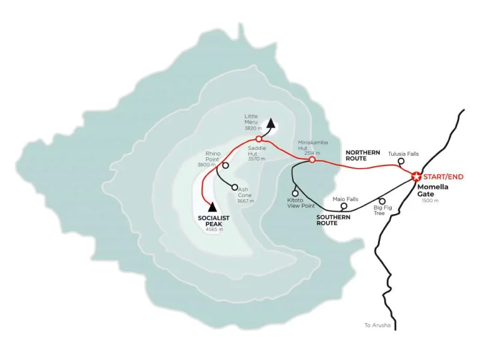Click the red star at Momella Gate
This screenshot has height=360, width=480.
tap(416, 176)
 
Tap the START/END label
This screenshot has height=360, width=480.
tap(443, 176)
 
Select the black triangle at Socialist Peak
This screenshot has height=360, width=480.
tap(212, 206)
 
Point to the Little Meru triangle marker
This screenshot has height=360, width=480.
tap(271, 124)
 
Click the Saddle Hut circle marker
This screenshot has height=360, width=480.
tap(259, 139)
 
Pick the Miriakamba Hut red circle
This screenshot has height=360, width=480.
tap(312, 160)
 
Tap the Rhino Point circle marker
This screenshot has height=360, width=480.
tap(226, 165)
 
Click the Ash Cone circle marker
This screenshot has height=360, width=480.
tap(235, 187)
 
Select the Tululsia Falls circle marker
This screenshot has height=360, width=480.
tap(401, 162)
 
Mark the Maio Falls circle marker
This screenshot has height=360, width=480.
tap(344, 205)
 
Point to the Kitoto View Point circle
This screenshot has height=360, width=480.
tap(295, 193)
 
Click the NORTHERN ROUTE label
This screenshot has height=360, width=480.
tap(363, 155)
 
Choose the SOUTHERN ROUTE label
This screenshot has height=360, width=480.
tap(335, 220)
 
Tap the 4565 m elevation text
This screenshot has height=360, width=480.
tap(214, 229)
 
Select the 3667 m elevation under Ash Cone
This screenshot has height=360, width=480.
tap(245, 201)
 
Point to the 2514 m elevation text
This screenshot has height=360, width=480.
tap(312, 153)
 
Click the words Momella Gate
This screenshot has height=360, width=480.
tap(433, 190)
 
